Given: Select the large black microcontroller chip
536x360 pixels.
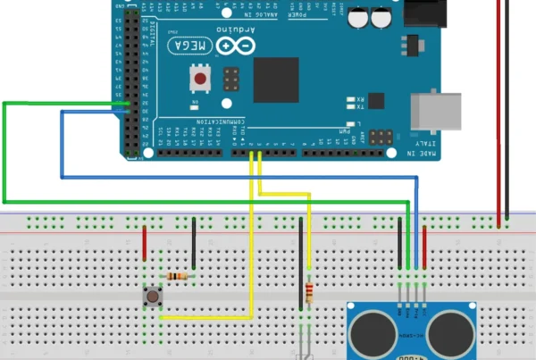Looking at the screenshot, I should point(276,80).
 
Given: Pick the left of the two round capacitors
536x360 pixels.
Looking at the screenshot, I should point(359,17).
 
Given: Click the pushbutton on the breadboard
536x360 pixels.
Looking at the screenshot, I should point(154,295).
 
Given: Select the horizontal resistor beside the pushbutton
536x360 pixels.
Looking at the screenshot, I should point(182,276).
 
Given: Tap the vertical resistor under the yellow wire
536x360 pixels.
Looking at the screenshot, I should point(309,292).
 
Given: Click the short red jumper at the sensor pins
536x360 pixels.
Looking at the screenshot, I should point(424,246).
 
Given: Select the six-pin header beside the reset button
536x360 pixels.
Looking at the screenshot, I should point(230,81).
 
